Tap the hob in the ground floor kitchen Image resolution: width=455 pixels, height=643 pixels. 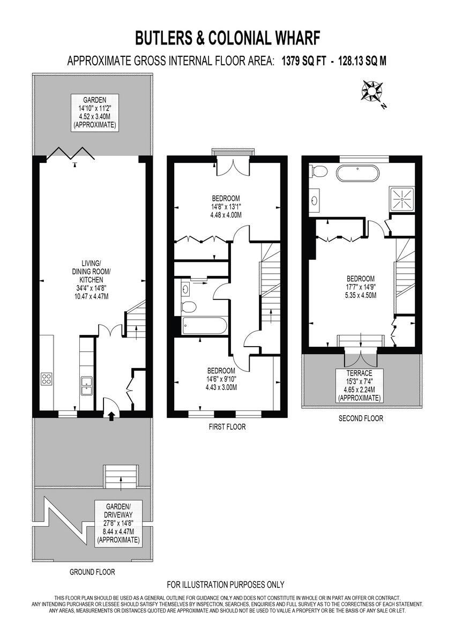pos(47,379)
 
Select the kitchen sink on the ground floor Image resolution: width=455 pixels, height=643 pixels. pos(86,384)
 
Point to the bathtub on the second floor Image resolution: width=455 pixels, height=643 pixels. pos(357,175)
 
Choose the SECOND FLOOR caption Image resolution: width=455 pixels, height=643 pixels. pos(361,418)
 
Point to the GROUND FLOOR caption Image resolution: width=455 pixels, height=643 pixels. pos(92,572)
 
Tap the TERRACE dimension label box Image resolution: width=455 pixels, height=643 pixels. pos(359,385)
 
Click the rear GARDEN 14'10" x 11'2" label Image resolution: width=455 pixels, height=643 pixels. pos(94,113)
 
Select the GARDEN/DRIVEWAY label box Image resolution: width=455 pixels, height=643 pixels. pos(118,523)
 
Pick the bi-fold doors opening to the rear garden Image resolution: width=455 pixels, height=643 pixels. pos(71,154)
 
